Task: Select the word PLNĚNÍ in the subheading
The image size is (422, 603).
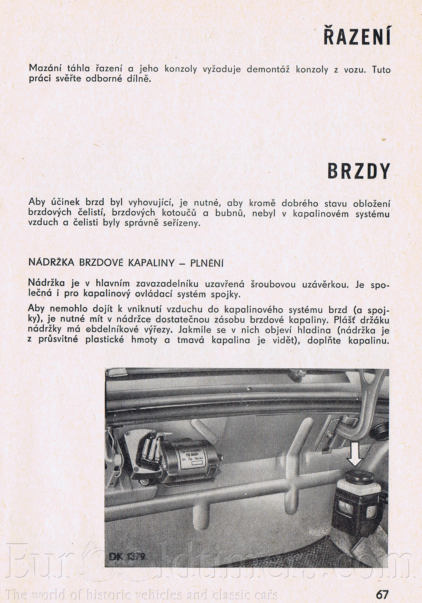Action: (207, 263)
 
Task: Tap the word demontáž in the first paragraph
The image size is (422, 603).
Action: (268, 69)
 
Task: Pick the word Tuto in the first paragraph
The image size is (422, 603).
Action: (381, 69)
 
